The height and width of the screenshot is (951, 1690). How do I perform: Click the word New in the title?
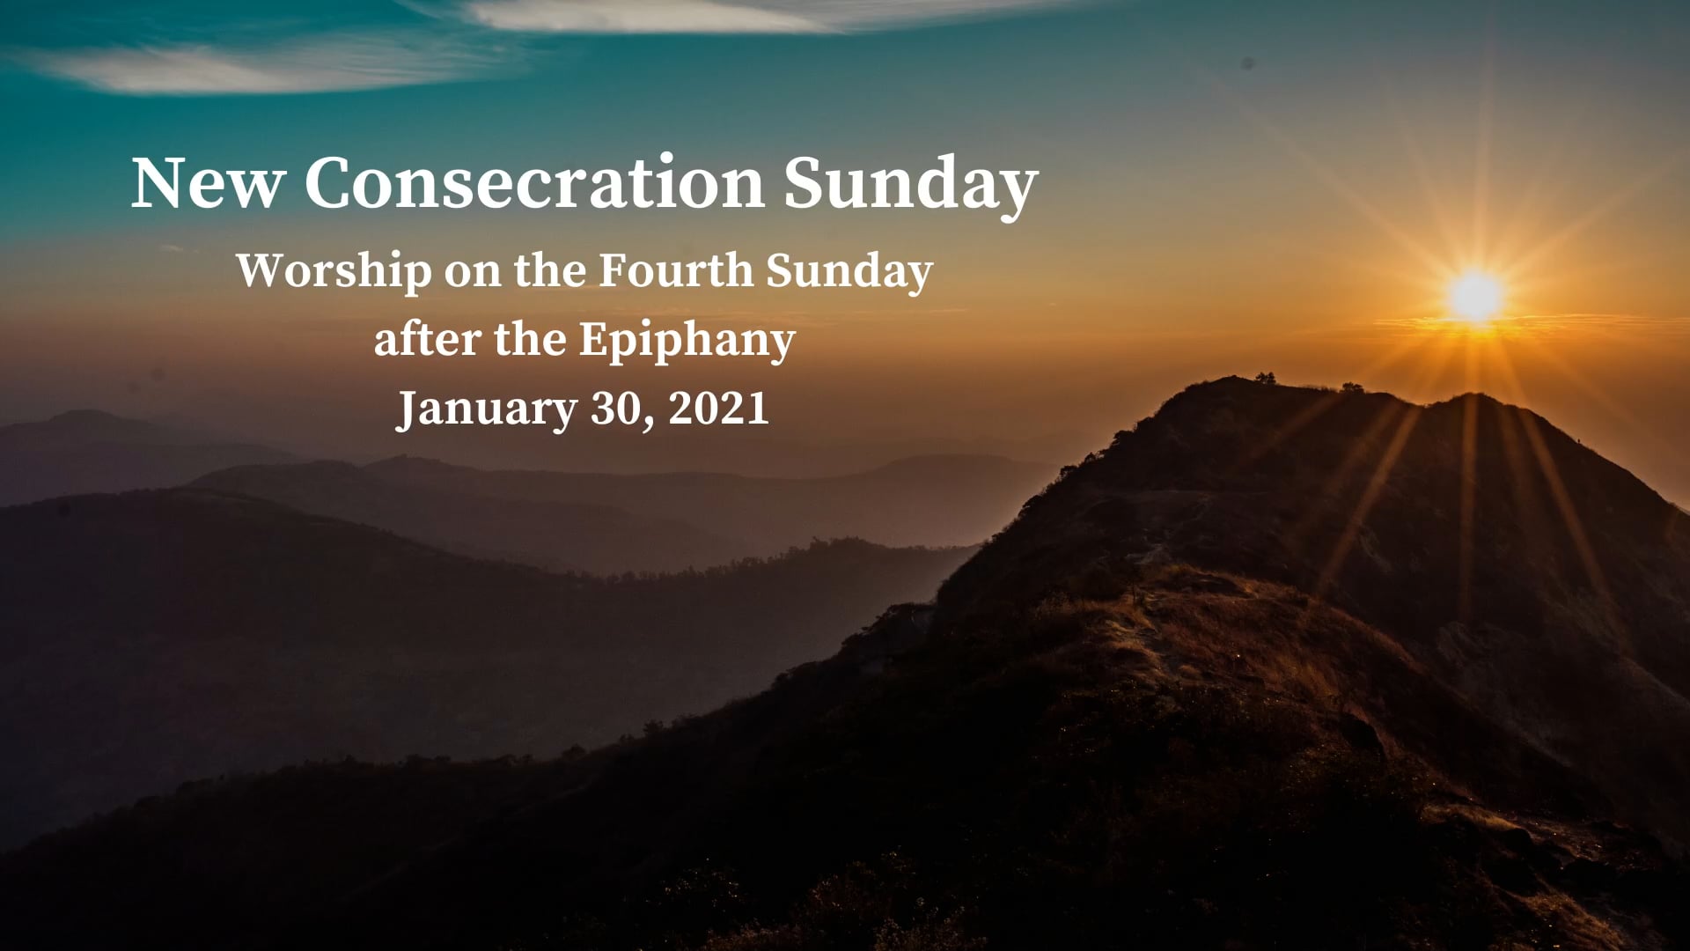[208, 183]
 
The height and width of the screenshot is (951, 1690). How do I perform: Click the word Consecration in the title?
[534, 183]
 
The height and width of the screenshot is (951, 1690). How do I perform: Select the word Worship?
[334, 270]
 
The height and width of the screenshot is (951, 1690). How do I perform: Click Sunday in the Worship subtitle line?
[849, 271]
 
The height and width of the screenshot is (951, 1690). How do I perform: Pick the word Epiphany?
[687, 341]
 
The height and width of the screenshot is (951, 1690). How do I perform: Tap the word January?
[487, 409]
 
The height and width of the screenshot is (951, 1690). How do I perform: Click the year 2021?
[718, 409]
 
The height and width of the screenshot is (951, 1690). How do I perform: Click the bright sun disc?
[1476, 296]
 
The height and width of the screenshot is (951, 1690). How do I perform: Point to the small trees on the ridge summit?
[1265, 378]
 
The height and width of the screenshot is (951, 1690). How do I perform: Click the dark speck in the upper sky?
[1247, 63]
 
